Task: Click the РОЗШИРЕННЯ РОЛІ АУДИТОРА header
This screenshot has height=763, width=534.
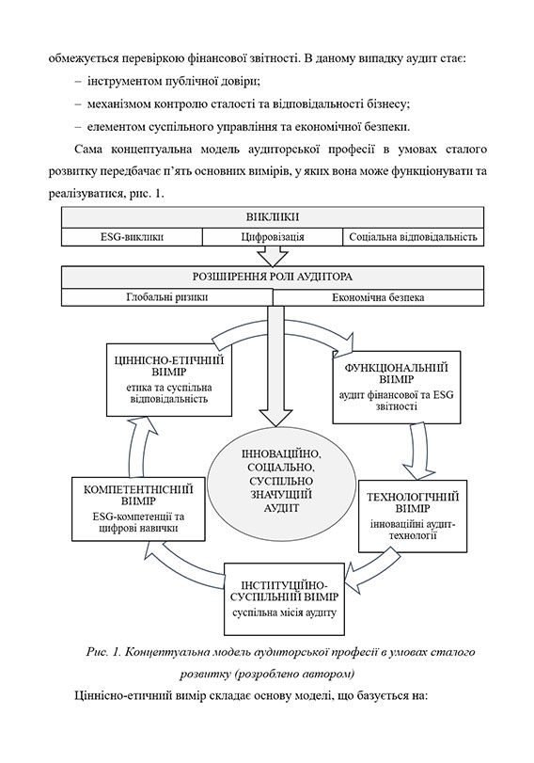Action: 272,278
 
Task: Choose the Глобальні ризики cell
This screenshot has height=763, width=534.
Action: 167,297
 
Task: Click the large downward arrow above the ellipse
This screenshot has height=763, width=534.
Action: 275,376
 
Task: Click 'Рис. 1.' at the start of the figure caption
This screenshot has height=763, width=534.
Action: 102,651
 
